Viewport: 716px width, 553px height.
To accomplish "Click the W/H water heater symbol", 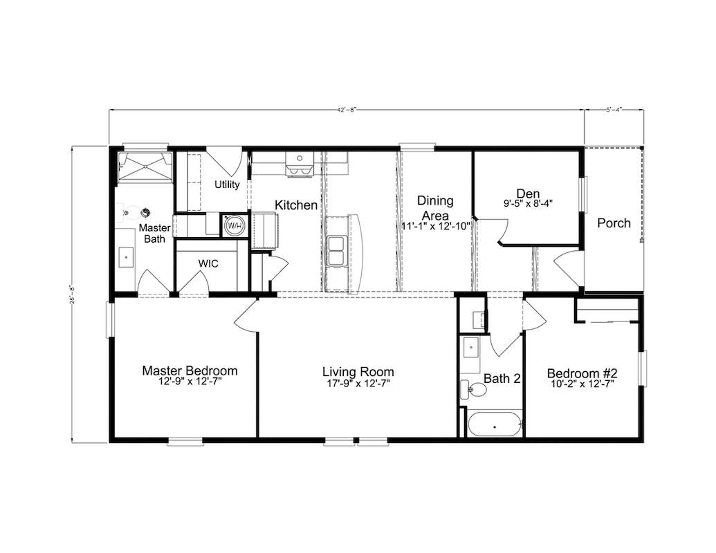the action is [x=235, y=225].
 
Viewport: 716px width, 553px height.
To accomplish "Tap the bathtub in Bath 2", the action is [x=495, y=424].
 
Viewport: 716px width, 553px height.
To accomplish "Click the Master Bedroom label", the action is [x=190, y=371].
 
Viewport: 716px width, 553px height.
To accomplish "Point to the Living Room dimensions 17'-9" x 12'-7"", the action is [x=358, y=384].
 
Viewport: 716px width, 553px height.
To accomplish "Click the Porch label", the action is [x=614, y=223].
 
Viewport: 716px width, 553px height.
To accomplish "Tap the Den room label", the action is [x=529, y=194].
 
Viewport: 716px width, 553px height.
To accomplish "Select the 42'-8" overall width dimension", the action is [x=347, y=109].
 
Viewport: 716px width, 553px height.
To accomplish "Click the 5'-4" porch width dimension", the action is [x=614, y=109].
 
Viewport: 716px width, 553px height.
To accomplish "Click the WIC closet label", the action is [x=208, y=264].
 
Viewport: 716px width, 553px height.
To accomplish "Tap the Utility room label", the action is [x=227, y=185].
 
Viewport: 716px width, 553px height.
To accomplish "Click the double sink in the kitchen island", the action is [x=337, y=251].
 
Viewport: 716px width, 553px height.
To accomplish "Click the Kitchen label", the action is [x=296, y=205].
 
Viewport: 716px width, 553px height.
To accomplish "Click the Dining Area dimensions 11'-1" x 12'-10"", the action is [x=436, y=226].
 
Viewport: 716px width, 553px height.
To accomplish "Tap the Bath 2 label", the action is [x=502, y=379].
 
